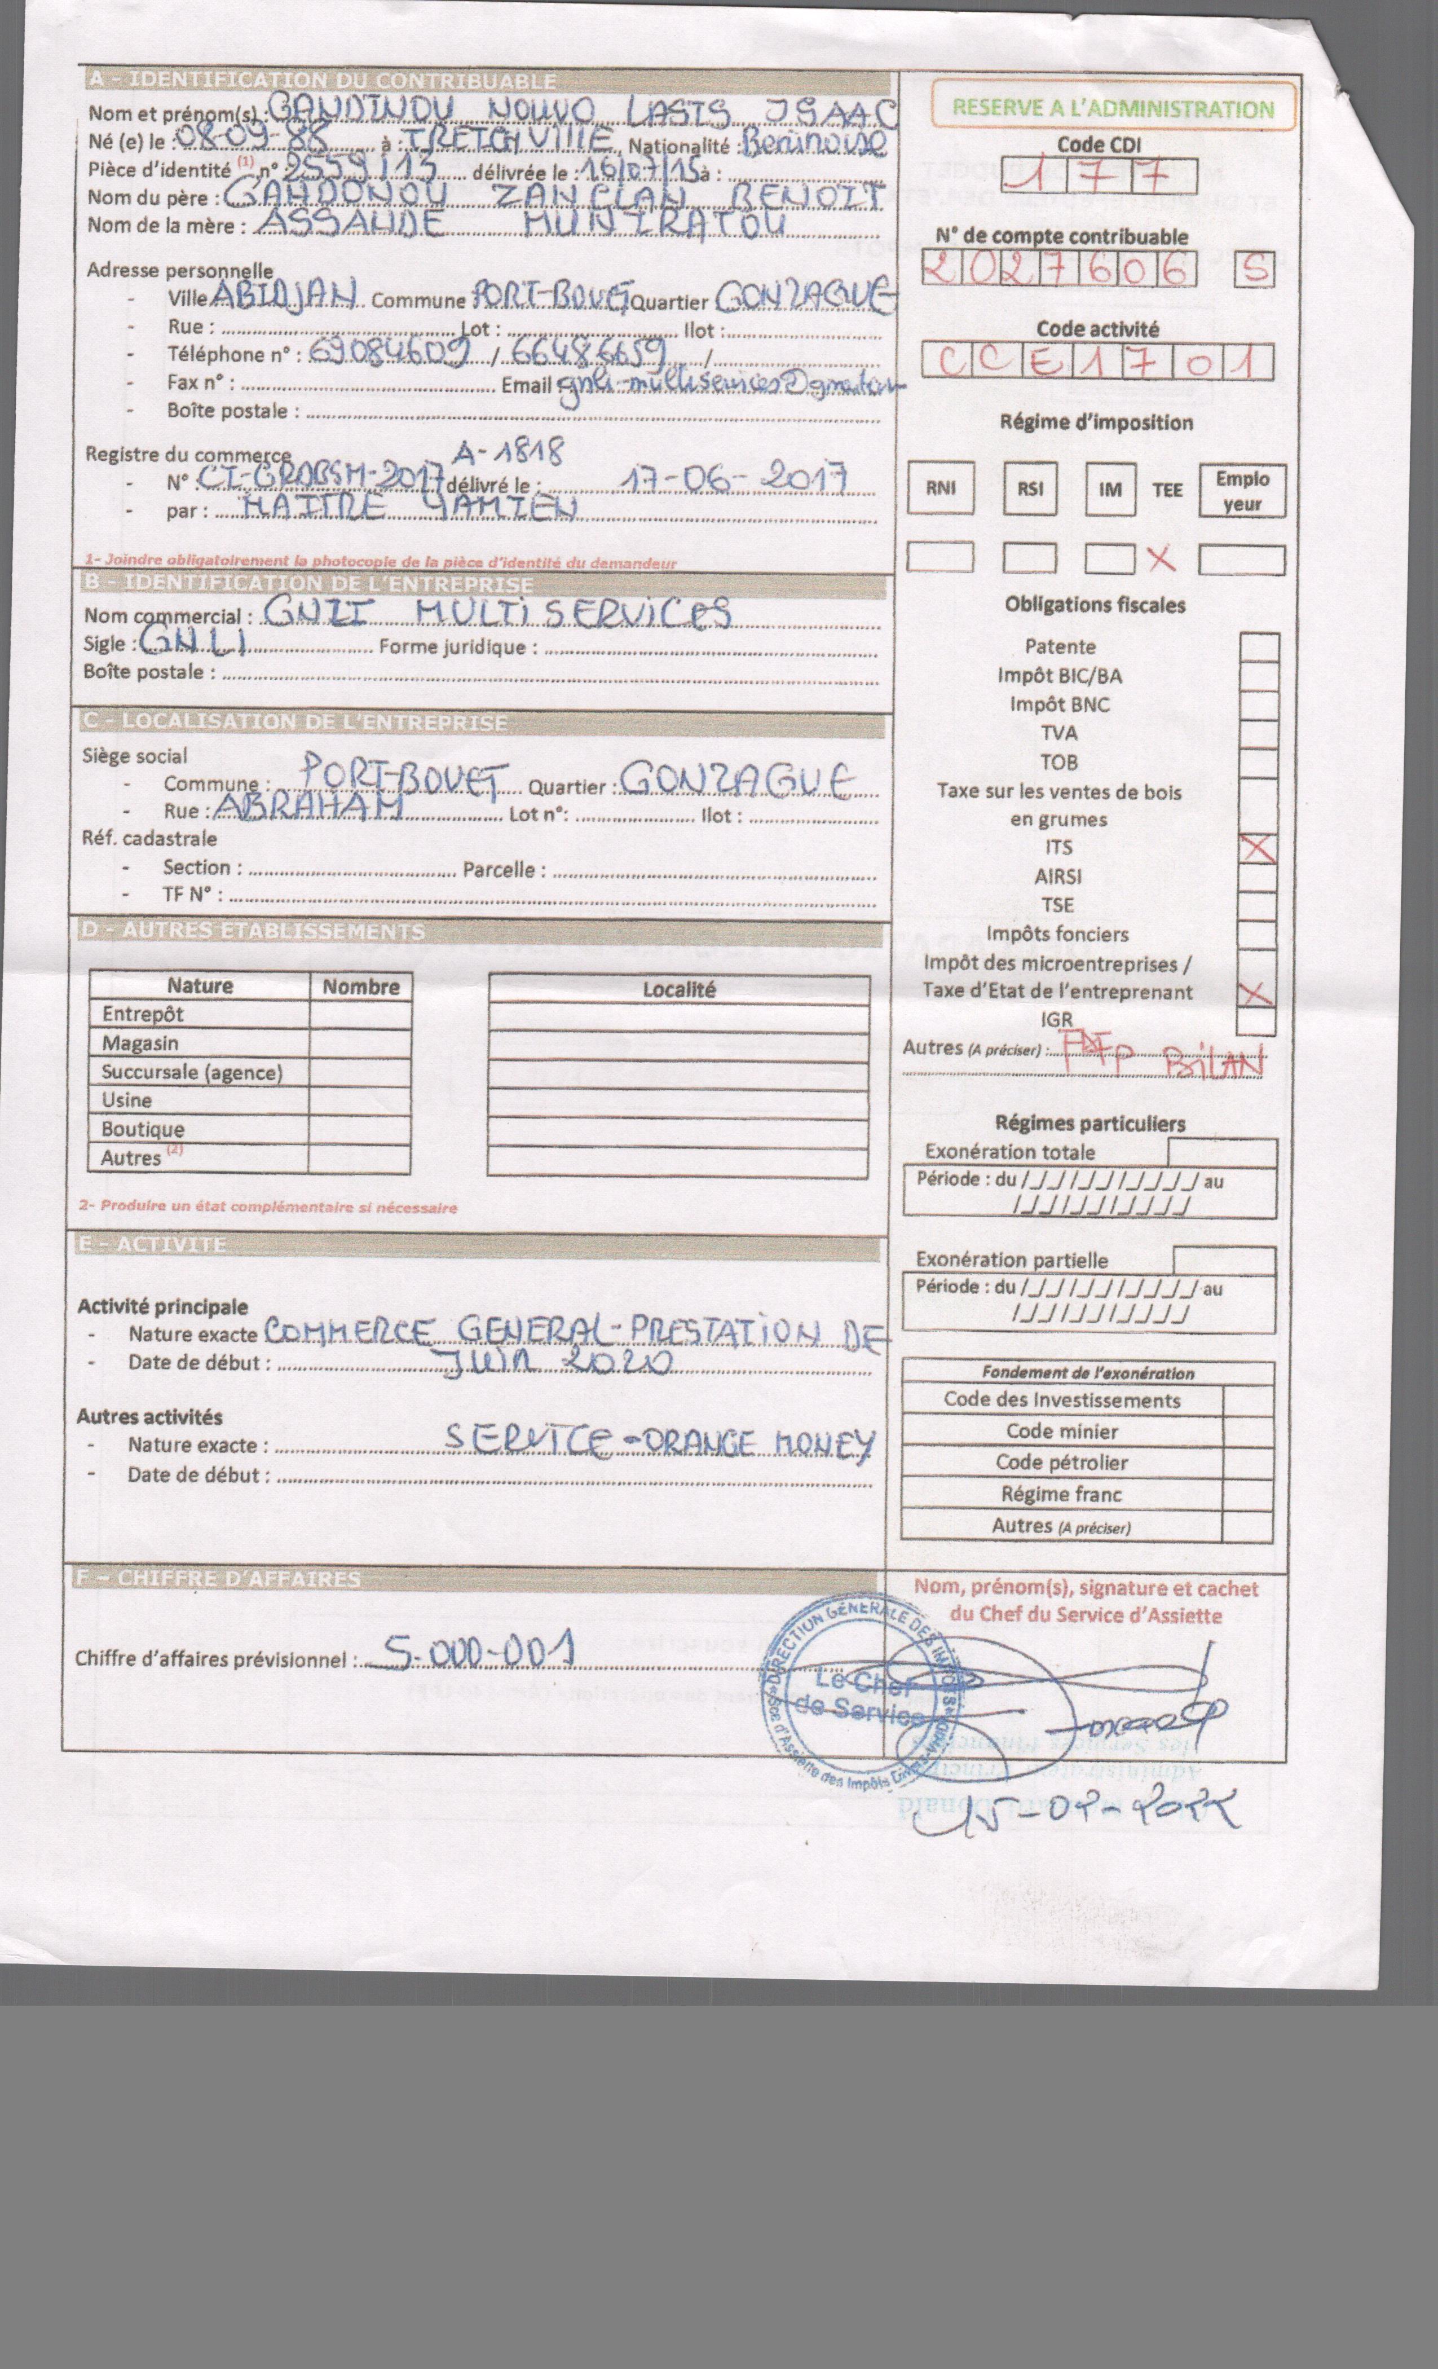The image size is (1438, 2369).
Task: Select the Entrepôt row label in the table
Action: click(x=142, y=1014)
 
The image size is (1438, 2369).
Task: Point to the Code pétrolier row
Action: click(x=1061, y=1463)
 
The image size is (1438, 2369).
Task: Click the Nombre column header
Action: click(x=360, y=987)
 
